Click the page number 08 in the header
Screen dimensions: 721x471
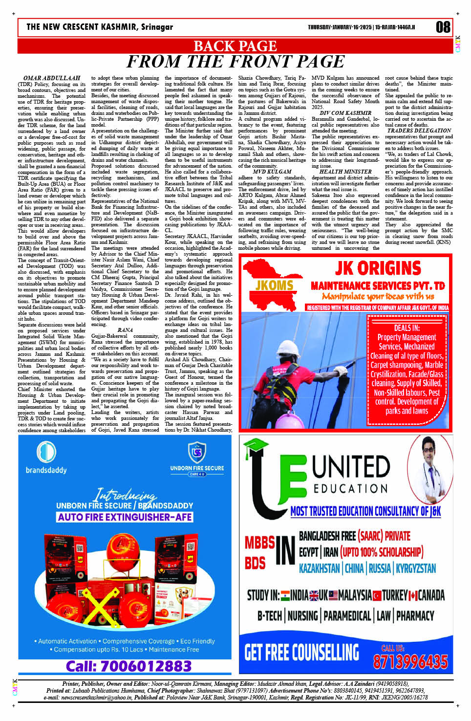click(x=443, y=27)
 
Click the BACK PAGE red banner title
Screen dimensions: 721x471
click(x=235, y=46)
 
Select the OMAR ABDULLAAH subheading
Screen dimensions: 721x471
click(x=52, y=78)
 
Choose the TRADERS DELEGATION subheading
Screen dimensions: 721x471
click(x=419, y=131)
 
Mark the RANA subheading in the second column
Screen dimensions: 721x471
click(x=125, y=330)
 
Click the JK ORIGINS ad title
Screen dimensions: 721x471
click(x=378, y=268)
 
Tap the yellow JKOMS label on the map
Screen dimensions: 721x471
click(x=274, y=285)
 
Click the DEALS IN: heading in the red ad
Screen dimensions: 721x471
click(x=407, y=328)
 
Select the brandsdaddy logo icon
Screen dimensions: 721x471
click(x=46, y=451)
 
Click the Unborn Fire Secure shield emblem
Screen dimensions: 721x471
click(x=197, y=452)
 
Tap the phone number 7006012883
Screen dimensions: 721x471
click(x=128, y=666)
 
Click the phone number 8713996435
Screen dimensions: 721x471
click(x=410, y=662)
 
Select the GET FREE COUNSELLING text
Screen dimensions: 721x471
click(x=301, y=653)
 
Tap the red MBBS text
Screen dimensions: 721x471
click(x=259, y=542)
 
